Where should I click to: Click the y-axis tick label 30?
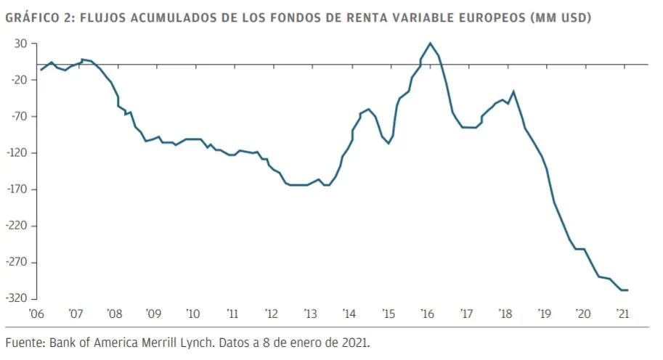click(x=21, y=44)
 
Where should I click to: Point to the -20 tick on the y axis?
click(x=19, y=80)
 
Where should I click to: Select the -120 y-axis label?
click(x=17, y=152)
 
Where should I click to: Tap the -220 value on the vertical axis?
click(x=17, y=226)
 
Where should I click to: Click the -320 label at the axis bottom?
click(x=17, y=298)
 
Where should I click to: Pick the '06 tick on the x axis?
click(x=36, y=314)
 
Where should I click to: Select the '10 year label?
click(x=192, y=314)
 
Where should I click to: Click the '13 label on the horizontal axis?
click(x=310, y=314)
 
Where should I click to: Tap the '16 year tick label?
click(x=427, y=314)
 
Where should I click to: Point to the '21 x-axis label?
click(x=622, y=314)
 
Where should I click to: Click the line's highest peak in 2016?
click(x=431, y=44)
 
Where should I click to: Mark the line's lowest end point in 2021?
click(x=627, y=290)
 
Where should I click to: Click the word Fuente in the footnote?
click(x=25, y=342)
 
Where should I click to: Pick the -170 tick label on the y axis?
click(x=17, y=189)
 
